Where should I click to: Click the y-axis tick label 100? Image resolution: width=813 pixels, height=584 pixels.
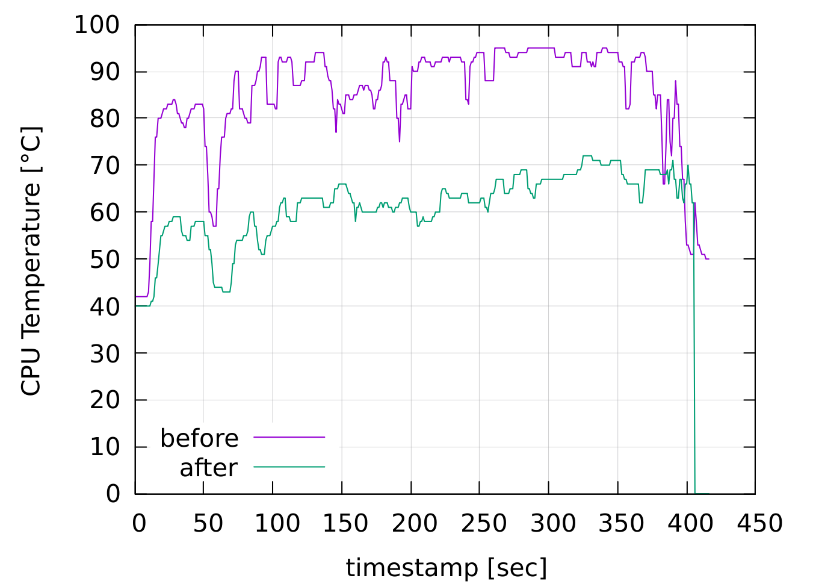(x=97, y=25)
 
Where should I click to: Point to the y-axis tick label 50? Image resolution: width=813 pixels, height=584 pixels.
(x=105, y=259)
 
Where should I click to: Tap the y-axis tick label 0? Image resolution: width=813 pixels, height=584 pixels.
(x=113, y=494)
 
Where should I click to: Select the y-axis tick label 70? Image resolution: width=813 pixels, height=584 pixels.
(x=105, y=166)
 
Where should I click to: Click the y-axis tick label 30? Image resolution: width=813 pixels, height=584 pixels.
(x=105, y=353)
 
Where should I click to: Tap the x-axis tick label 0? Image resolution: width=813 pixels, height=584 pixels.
(x=138, y=523)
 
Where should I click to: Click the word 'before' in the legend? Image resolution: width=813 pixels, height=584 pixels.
(x=199, y=438)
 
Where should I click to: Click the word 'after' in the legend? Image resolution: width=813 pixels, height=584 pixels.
(x=208, y=468)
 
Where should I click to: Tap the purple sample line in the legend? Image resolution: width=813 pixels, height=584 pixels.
(x=289, y=436)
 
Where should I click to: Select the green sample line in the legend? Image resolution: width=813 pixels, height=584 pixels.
(x=289, y=467)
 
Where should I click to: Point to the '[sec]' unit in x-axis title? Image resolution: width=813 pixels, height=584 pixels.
(x=517, y=568)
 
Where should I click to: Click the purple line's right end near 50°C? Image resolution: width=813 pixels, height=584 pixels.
(x=708, y=259)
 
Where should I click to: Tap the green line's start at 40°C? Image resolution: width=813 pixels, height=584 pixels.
(x=137, y=306)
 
